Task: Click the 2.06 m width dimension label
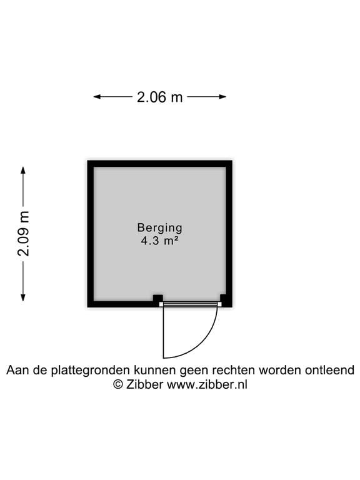coord(159,97)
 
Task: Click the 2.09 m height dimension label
coord(24,233)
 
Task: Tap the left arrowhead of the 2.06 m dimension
coord(97,97)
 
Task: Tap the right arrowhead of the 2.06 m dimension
coord(222,97)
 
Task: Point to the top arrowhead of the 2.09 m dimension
coord(23,171)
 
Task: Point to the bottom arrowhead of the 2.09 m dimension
coord(23,297)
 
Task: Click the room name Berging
coord(159,228)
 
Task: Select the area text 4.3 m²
coord(159,241)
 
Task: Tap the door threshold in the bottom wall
coord(190,304)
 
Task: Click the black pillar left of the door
coord(158,299)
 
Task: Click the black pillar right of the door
coord(224,299)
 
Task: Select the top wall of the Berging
coord(160,164)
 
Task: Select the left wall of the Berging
coord(91,234)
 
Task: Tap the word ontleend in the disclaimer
coord(329,370)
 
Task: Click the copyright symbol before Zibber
coord(118,384)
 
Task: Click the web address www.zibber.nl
coord(207,384)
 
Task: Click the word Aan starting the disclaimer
coord(17,370)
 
